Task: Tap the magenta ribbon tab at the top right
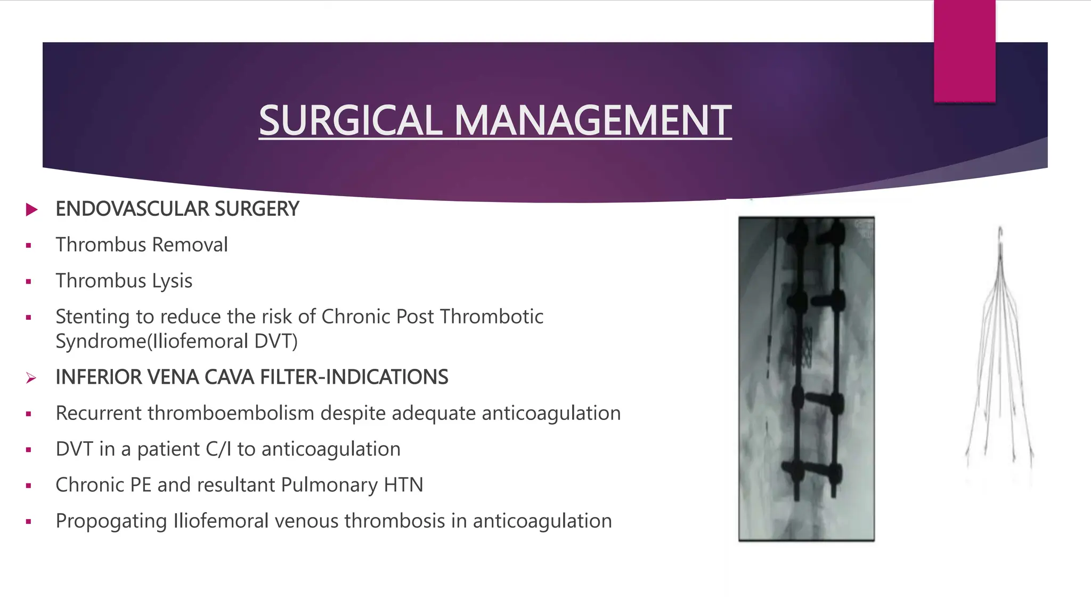(x=964, y=51)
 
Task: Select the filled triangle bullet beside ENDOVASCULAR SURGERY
(x=31, y=209)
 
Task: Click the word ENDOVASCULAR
(x=125, y=209)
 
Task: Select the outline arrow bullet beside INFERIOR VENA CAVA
(x=31, y=378)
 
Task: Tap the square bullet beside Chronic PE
(x=29, y=486)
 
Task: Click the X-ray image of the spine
(x=806, y=378)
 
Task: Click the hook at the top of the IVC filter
(x=1000, y=235)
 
